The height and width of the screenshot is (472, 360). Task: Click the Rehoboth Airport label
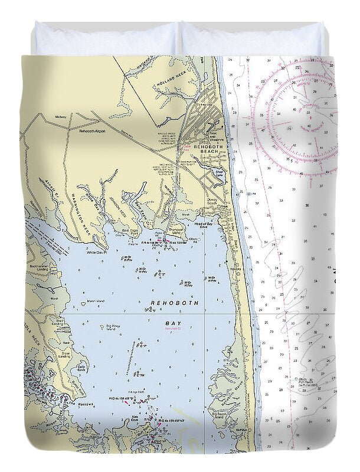(92, 131)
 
